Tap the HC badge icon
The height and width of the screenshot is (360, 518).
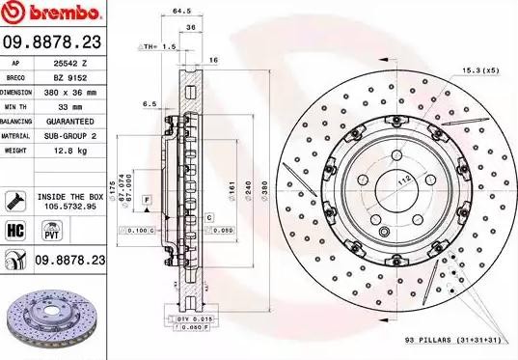tap(15, 232)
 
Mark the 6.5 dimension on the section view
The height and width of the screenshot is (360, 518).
tap(149, 103)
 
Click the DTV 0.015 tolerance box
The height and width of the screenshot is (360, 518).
tap(192, 318)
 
